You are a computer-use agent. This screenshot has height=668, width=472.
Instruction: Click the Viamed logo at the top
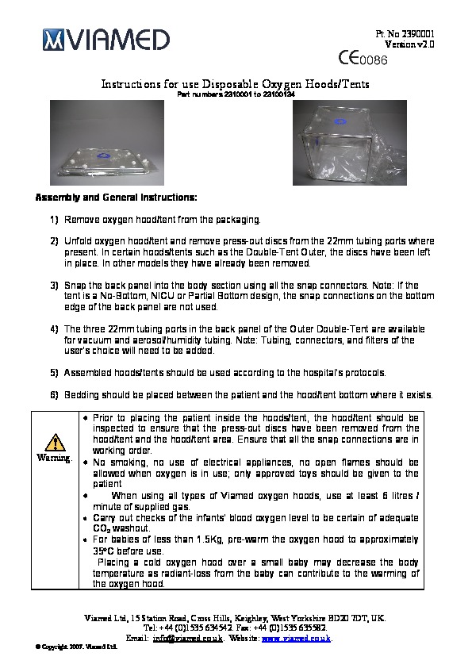tap(106, 40)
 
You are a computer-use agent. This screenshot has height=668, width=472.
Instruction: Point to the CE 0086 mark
tap(363, 59)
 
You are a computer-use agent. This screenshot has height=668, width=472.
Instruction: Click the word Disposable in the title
tap(230, 84)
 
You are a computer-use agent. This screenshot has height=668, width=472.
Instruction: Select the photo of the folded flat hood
tap(107, 143)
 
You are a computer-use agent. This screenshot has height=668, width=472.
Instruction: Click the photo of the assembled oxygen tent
tap(350, 143)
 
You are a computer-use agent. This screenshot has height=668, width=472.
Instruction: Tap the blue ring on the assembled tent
tap(340, 122)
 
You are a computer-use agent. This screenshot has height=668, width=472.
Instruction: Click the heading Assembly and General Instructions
tap(117, 198)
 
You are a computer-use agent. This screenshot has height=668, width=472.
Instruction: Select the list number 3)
tap(54, 286)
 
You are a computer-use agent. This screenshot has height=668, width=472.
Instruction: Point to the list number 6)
tap(54, 395)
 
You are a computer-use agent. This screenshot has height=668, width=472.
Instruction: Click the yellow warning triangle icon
tap(55, 443)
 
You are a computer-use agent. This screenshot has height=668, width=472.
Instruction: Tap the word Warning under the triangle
tap(54, 458)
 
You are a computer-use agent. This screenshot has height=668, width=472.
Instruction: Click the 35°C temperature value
tap(103, 551)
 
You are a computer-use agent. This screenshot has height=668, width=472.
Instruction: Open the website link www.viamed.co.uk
tap(296, 638)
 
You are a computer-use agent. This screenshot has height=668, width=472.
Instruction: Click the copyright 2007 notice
tap(77, 647)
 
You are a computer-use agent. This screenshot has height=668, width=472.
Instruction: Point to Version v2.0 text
tap(409, 44)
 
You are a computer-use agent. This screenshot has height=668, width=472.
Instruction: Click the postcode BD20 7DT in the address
tap(347, 618)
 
